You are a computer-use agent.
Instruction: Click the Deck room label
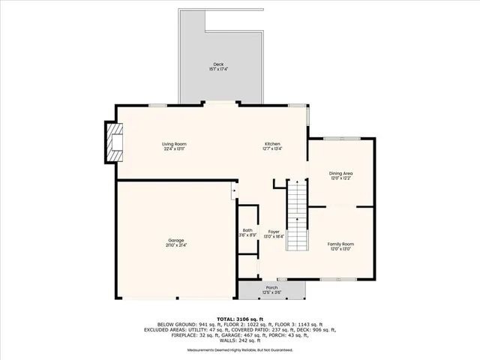[x=218, y=65]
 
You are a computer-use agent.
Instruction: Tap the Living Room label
[x=174, y=144]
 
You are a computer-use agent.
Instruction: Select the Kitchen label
[x=271, y=144]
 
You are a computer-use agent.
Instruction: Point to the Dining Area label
[x=341, y=174]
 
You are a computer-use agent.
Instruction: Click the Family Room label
[x=341, y=244]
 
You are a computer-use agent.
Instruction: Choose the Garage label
[x=176, y=240]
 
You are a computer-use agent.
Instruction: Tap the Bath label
[x=247, y=230]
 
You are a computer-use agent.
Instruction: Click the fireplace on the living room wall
[x=114, y=142]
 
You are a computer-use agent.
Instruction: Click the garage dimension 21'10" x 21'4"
[x=176, y=245]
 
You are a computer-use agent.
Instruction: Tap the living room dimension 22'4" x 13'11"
[x=174, y=149]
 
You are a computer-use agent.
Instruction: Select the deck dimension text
[x=218, y=70]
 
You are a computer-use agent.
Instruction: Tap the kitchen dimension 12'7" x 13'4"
[x=271, y=149]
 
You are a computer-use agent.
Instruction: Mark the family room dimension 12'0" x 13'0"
[x=341, y=250]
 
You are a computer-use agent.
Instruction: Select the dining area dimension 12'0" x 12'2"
[x=341, y=179]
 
